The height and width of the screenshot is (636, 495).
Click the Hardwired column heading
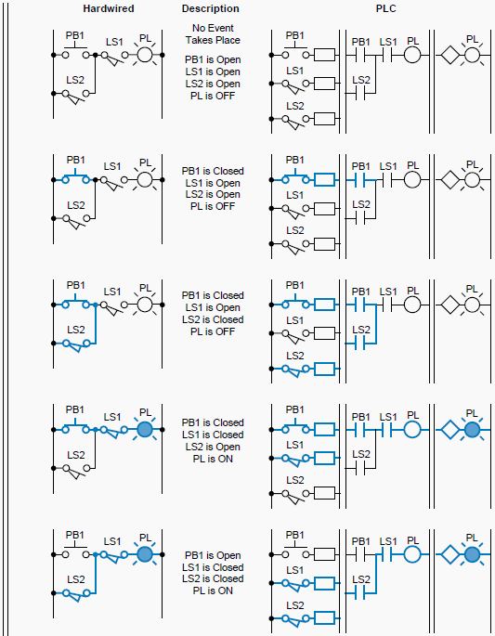(109, 8)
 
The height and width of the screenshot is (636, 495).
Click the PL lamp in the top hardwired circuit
(144, 55)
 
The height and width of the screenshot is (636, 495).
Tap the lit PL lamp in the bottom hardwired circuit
(144, 554)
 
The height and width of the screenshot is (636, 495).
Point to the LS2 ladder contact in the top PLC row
(362, 94)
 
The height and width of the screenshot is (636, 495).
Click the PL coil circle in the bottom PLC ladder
(412, 555)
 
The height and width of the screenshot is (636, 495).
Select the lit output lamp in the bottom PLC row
(472, 555)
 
